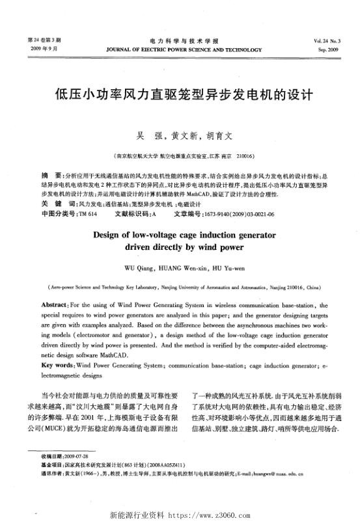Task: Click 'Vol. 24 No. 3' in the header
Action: click(x=329, y=40)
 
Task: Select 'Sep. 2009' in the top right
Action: click(x=329, y=49)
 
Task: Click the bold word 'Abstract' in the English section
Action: click(x=54, y=304)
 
